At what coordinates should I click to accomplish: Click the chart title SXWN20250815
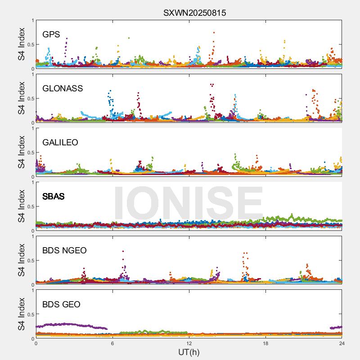[x=194, y=13]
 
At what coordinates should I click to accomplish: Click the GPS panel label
[x=51, y=35]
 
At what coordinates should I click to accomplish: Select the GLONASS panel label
[x=63, y=89]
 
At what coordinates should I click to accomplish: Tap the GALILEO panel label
[x=60, y=143]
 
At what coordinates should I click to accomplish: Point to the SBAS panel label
[x=53, y=197]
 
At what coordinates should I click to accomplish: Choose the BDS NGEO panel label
[x=64, y=251]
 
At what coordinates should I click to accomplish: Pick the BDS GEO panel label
[x=61, y=305]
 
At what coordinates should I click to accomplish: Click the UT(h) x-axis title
[x=189, y=352]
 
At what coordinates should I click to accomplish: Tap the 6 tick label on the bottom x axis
[x=112, y=343]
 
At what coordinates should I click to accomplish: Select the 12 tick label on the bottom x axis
[x=189, y=343]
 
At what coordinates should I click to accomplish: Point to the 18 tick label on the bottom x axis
[x=265, y=343]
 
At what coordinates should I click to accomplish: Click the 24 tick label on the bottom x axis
[x=342, y=343]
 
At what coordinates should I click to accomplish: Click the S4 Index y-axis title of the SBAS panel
[x=21, y=206]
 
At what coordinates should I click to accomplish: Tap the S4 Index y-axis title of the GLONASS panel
[x=21, y=98]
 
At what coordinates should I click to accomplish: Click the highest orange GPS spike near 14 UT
[x=214, y=32]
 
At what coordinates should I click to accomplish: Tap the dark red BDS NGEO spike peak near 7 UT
[x=123, y=251]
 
